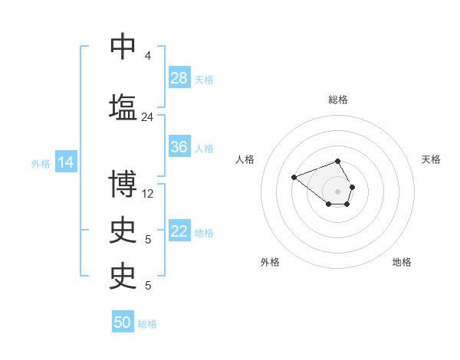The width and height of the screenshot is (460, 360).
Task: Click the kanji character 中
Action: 123,47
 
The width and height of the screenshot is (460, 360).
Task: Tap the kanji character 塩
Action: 123,106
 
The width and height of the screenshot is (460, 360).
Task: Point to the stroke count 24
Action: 147,117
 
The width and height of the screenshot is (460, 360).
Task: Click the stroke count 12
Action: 148,194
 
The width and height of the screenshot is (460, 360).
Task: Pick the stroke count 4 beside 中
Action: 147,56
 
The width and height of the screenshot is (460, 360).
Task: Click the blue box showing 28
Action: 179,78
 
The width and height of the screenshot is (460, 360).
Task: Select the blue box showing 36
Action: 179,147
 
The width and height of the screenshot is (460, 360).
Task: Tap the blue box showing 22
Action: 179,231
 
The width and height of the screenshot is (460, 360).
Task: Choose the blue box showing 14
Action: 66,162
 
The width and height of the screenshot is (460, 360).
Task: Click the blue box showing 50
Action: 123,322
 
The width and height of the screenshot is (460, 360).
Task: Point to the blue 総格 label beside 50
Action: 147,324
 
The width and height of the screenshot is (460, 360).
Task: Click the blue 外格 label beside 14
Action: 41,164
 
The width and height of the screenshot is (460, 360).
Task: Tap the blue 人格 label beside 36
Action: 204,148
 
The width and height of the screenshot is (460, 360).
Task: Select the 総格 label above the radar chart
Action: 338,100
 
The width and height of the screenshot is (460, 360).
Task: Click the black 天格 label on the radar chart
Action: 431,159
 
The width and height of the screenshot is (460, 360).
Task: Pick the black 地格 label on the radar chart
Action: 402,262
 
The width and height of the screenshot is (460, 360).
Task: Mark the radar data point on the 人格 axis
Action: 294,178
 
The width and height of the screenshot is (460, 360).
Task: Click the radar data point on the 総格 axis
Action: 338,162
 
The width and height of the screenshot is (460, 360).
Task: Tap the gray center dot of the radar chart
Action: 338,191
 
